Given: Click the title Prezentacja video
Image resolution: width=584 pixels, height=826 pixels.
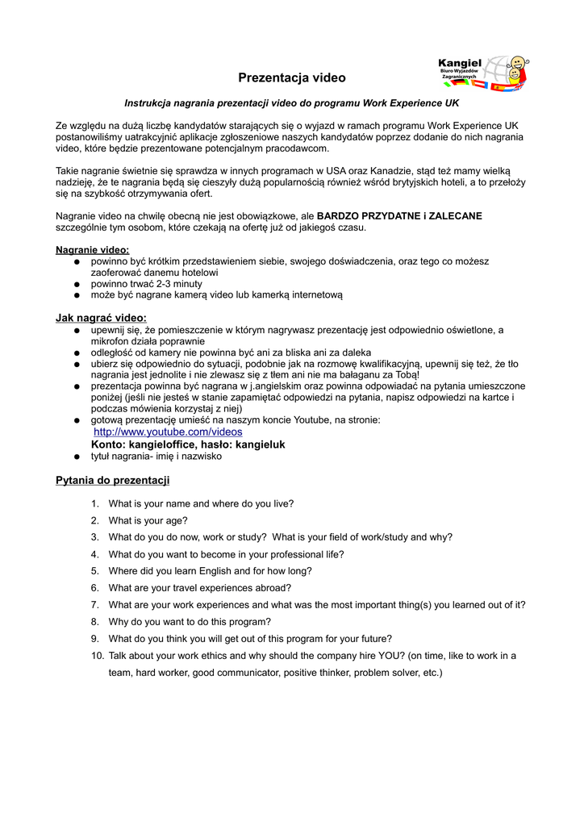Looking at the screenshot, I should click(x=291, y=78).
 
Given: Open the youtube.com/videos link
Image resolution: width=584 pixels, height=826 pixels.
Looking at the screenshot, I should click(x=168, y=432).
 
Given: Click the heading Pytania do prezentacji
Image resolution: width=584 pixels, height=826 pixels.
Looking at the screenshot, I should click(x=112, y=481).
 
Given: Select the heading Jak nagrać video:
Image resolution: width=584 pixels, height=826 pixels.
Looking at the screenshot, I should click(x=101, y=318).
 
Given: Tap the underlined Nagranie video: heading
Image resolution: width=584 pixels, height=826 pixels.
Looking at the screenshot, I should click(x=92, y=250).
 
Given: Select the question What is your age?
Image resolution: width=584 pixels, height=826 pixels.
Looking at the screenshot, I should click(x=148, y=520).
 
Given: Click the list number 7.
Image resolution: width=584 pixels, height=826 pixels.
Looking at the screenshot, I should click(x=94, y=605).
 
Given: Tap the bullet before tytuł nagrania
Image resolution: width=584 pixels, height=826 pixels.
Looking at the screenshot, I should click(x=76, y=457).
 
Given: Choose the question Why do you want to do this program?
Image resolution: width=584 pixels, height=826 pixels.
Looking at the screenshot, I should click(x=190, y=622).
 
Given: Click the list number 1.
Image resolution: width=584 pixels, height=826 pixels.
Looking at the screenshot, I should click(x=94, y=503).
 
